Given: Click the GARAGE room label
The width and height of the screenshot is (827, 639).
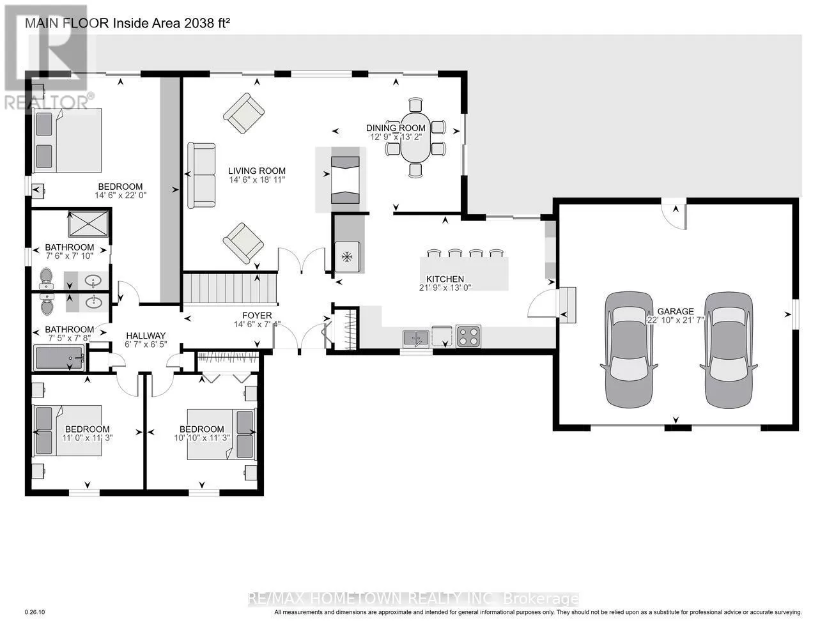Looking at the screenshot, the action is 675,311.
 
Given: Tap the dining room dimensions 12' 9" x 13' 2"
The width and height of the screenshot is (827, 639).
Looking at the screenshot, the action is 396,137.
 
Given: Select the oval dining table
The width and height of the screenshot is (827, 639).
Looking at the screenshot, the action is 415,137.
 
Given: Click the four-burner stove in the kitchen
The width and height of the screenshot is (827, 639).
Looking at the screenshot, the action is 468,336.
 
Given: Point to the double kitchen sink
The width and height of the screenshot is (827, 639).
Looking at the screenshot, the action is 416,338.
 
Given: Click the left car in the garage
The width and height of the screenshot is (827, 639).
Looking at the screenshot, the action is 629,349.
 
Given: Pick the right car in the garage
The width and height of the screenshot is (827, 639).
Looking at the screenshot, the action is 729,349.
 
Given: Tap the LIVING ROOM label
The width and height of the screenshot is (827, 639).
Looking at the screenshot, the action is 257,171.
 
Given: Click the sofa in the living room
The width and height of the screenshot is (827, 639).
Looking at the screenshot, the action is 201,175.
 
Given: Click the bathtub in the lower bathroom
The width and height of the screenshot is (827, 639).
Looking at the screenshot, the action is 59,358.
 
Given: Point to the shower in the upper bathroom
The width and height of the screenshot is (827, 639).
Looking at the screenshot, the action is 88,224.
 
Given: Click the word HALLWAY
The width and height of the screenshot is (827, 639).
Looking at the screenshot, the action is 146,335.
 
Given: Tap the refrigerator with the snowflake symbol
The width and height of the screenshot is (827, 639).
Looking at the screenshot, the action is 347,257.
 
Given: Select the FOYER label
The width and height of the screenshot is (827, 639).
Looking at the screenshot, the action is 258,315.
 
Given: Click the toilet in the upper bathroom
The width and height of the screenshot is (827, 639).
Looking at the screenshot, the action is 46,279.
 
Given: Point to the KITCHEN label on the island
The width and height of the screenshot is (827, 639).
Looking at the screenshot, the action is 445,279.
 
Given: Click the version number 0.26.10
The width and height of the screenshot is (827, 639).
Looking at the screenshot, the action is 35,612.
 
